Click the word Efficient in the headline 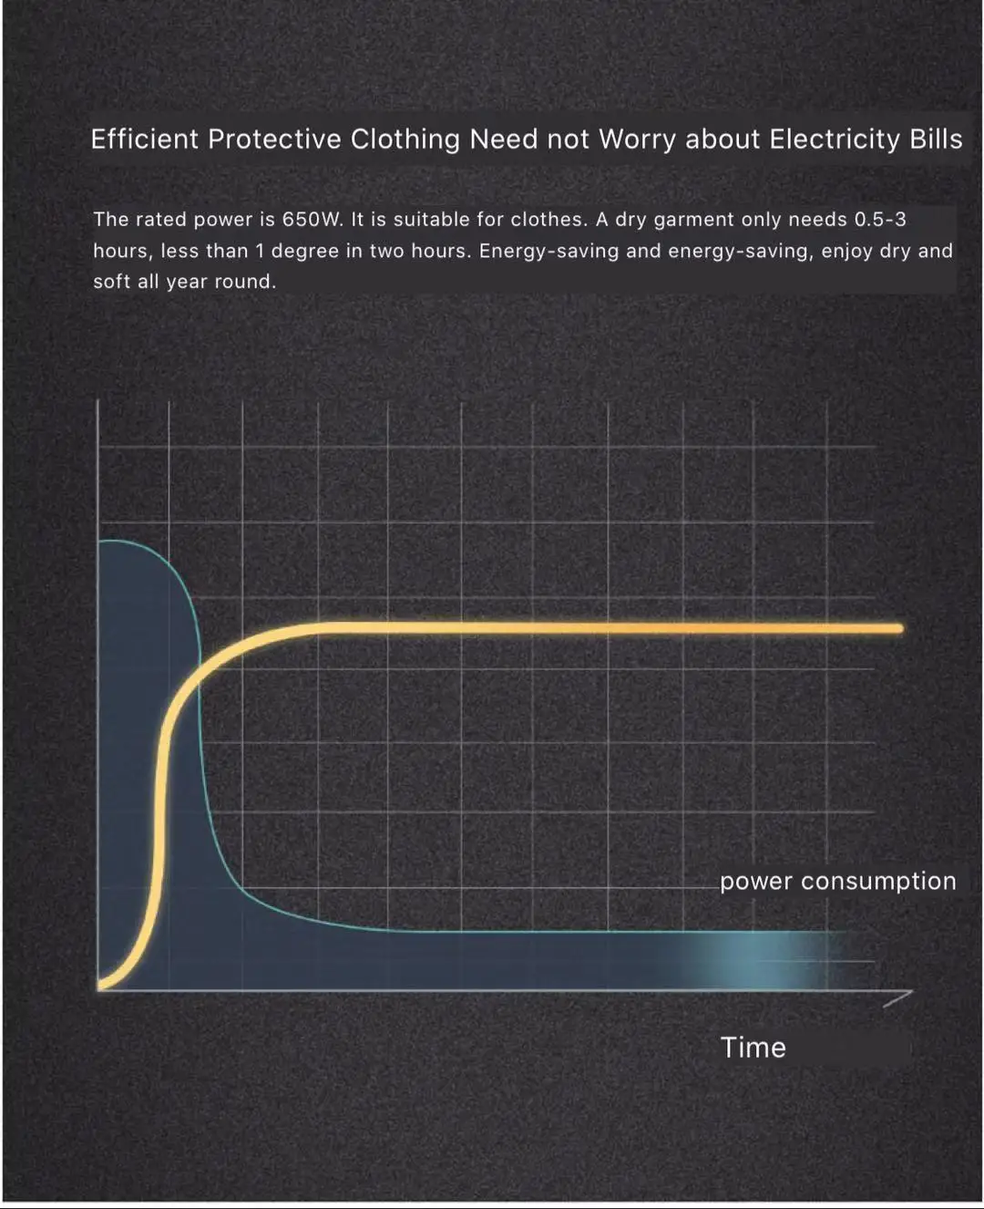(x=145, y=139)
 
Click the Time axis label (x=753, y=1048)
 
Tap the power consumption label (x=837, y=882)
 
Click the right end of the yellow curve (x=899, y=628)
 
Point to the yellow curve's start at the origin (x=100, y=986)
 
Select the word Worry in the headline (x=637, y=139)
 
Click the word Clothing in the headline (x=405, y=139)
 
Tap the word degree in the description (x=304, y=252)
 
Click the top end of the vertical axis (x=98, y=400)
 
